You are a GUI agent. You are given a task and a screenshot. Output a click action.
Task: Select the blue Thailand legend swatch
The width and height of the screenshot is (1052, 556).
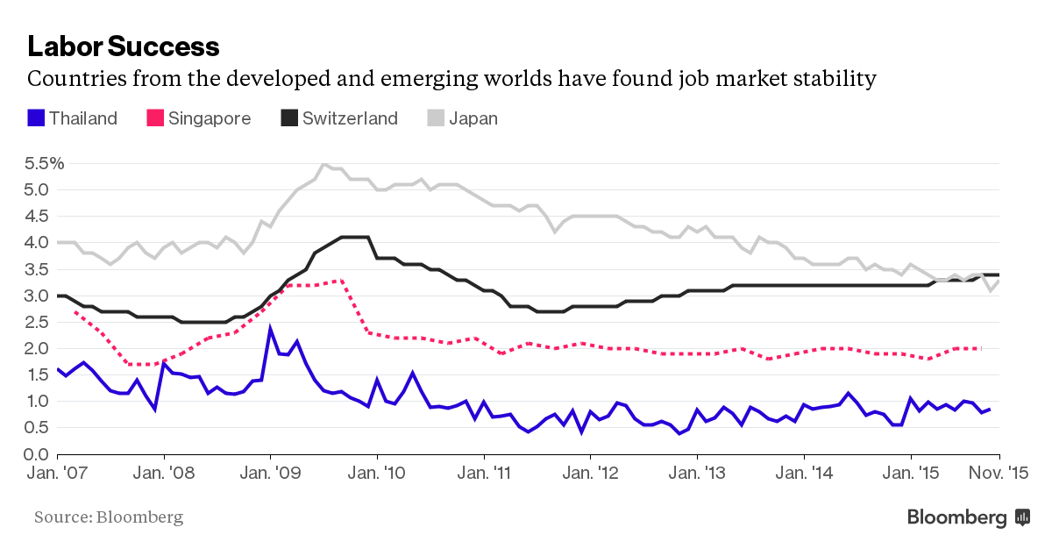point(36,118)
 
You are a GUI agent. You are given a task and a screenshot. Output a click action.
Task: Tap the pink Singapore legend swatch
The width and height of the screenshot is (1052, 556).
point(155,118)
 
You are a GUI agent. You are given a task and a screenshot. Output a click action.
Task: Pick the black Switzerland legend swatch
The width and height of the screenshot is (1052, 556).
point(289,118)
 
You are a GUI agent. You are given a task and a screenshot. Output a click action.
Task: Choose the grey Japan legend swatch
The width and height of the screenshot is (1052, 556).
point(436,118)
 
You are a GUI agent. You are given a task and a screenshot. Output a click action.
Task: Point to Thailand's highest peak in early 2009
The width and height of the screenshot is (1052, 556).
point(270,328)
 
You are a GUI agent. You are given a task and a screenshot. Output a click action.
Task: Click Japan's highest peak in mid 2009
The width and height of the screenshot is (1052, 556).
point(323,164)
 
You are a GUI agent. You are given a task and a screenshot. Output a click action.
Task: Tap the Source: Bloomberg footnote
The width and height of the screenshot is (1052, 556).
point(109,517)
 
